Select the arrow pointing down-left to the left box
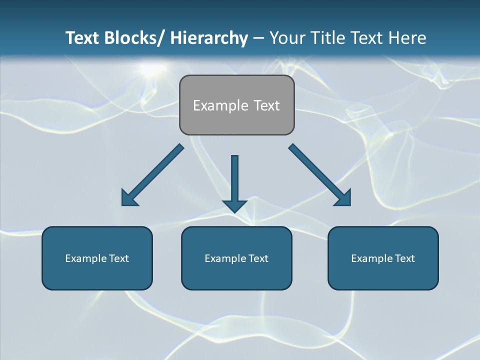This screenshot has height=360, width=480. coord(152,175)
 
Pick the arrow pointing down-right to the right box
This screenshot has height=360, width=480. coord(319,174)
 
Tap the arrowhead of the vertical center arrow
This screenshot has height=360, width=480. coord(234,206)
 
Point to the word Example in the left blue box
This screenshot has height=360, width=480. coord(84,258)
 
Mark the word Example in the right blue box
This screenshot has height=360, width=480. coord(370,258)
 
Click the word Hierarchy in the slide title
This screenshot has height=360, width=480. coord(209,38)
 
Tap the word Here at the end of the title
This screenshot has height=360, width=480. coord(407,38)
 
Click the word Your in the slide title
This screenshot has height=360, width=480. coord(286,38)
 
